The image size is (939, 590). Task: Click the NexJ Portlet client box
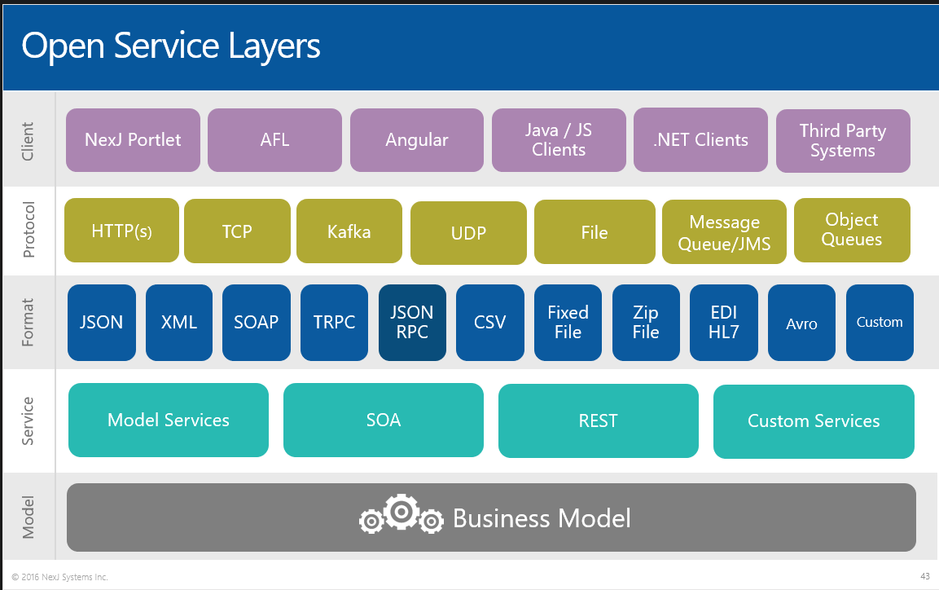pos(133,140)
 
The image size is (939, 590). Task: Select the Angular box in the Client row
pos(417,140)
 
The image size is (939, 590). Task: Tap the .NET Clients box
pos(700,140)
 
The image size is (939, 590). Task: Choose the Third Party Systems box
pos(843,140)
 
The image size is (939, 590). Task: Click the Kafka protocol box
pos(349,231)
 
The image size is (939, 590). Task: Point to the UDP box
pos(468,233)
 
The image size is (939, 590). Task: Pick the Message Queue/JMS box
pos(724,233)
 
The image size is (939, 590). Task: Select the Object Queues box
pos(852,230)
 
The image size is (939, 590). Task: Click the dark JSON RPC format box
pos(412,323)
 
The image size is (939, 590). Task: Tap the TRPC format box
pos(334,323)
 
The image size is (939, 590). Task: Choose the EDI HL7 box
pos(723,323)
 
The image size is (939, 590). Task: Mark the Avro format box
pos(801,323)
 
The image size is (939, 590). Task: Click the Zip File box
pos(646,323)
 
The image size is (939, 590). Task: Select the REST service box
pos(598,421)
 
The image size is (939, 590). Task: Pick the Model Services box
pos(169,420)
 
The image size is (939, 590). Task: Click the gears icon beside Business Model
pos(401,515)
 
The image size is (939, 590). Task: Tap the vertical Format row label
pos(29,323)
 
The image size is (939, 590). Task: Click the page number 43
pos(924,576)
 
